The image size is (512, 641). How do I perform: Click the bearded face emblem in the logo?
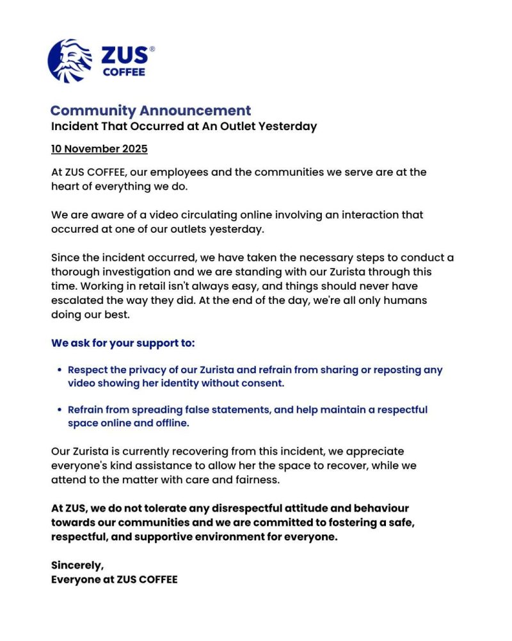(x=70, y=61)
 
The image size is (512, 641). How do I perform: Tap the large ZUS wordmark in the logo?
(x=124, y=56)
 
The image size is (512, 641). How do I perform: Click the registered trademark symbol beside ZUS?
(x=152, y=49)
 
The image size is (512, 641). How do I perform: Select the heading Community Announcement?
(x=150, y=110)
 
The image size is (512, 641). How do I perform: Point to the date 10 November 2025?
(x=99, y=149)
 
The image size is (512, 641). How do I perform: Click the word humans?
(x=409, y=300)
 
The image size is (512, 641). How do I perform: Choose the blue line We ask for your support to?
(x=123, y=343)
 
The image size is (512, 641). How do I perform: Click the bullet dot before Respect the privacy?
(x=60, y=370)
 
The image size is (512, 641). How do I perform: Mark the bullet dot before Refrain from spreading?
(x=60, y=410)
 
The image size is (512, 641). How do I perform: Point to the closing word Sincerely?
(x=77, y=565)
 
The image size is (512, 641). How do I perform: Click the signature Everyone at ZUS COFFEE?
(x=114, y=579)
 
